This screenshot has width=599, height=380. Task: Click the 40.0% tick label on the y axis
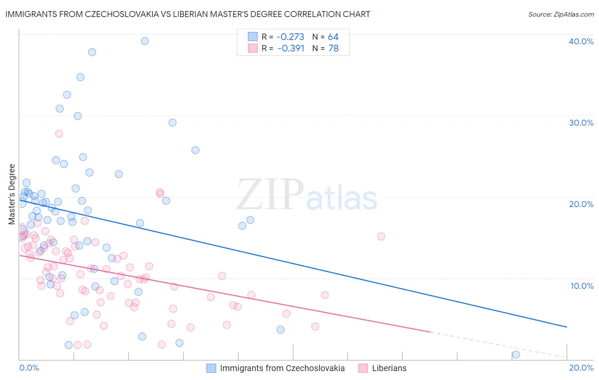coord(581,41)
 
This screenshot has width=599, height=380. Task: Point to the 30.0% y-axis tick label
coord(581,123)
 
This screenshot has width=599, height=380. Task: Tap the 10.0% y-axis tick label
coord(581,286)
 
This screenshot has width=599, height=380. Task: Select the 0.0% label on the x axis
coord(29,368)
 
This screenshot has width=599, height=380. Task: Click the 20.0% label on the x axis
coord(581,368)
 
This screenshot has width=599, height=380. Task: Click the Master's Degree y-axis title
coord(12,194)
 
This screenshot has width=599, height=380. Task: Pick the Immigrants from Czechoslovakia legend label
coord(282,368)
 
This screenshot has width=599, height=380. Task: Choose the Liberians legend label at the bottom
coord(389,368)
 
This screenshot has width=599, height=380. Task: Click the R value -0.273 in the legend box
coord(291,37)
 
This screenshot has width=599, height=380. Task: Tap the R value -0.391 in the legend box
coord(291,49)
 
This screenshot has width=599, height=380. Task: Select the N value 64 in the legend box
coord(333,37)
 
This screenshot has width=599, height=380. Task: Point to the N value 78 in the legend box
coord(333,49)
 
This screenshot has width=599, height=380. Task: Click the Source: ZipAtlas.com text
coord(561,14)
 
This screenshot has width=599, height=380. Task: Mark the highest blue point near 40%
coord(145,41)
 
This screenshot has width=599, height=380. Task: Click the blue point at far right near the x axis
coord(516,354)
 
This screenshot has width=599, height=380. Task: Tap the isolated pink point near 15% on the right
coord(381,236)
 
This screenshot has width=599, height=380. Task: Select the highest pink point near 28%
coord(59,134)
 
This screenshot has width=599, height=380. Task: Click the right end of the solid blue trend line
coord(567,327)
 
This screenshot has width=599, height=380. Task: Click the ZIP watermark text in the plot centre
coord(270,194)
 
